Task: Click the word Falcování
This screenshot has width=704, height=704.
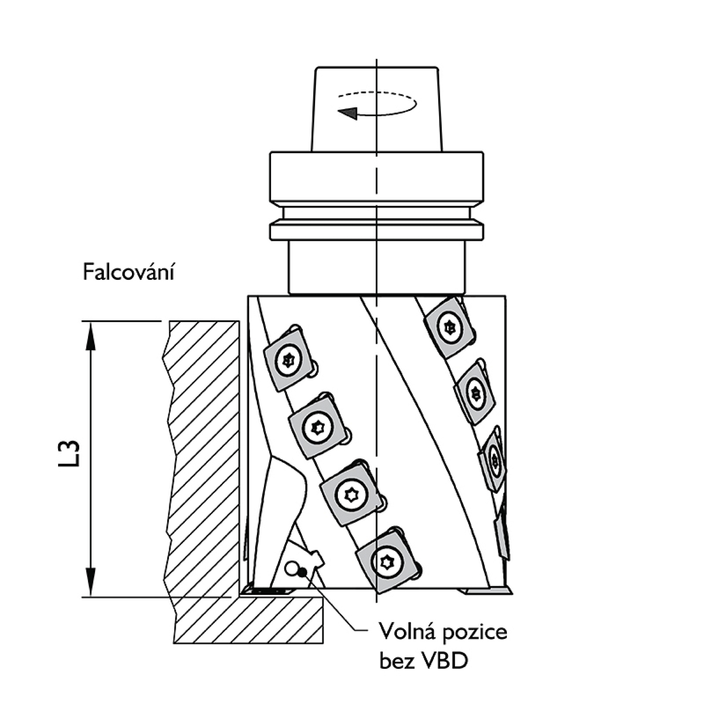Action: click(128, 273)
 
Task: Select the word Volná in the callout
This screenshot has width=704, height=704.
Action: click(407, 631)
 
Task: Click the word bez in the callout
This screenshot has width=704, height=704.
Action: click(394, 661)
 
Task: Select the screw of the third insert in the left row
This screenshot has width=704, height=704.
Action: click(351, 495)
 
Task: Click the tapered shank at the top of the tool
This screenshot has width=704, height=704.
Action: click(376, 109)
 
